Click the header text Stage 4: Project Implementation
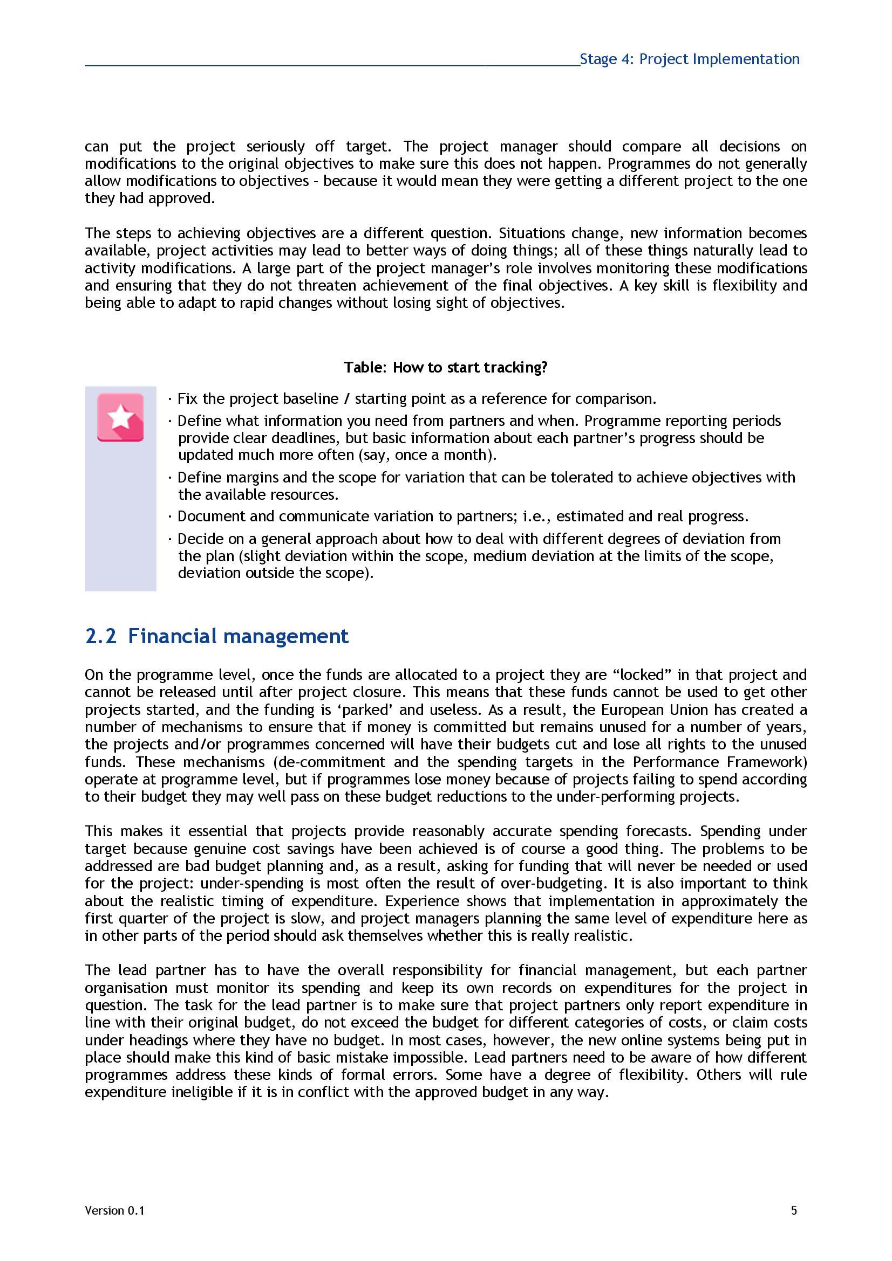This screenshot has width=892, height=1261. point(689,59)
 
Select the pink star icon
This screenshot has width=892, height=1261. point(120,417)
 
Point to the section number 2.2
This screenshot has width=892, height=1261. point(100,636)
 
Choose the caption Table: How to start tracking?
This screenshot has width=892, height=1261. point(445,367)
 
